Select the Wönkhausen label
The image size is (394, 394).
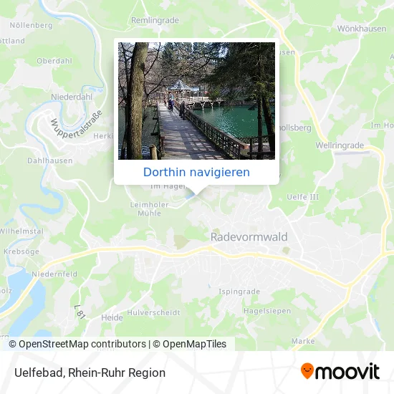[x=357, y=30]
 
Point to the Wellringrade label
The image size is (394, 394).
[x=340, y=145]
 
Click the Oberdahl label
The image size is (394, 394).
[x=54, y=61]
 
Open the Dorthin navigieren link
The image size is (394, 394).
[x=196, y=172]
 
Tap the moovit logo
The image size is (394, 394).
[x=340, y=371]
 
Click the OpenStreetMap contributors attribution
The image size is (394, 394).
[x=82, y=344]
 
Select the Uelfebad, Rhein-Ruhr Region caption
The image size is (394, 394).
[x=90, y=373]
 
